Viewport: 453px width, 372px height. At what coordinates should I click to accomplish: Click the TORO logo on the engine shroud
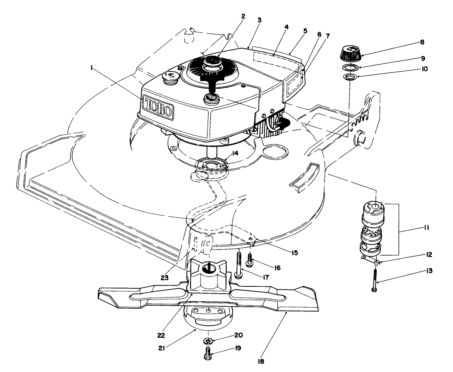click(x=158, y=107)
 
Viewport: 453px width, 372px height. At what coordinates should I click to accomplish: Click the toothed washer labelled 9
click(x=350, y=68)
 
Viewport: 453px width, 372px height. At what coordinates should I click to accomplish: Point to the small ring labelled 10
click(x=349, y=78)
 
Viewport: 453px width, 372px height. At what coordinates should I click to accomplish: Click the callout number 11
click(x=426, y=228)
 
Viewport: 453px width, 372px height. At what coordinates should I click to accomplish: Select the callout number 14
click(x=235, y=153)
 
